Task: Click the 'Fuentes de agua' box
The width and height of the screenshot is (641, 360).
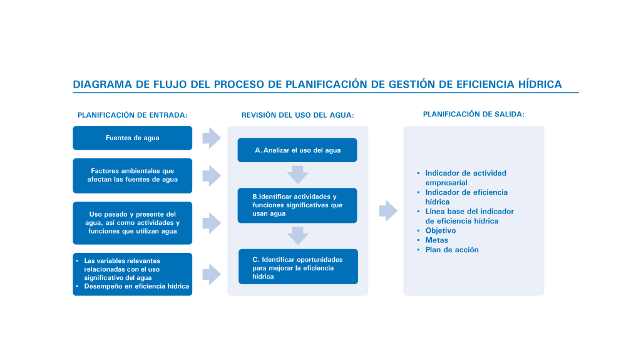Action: click(x=132, y=138)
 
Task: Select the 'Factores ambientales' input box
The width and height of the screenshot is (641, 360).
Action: click(x=132, y=175)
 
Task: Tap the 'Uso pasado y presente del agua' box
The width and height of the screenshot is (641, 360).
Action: click(x=132, y=223)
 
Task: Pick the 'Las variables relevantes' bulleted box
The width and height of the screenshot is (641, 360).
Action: click(x=132, y=274)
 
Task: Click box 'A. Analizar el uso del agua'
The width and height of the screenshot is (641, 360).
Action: click(x=297, y=150)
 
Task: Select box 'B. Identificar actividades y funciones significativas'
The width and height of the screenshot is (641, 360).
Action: click(x=297, y=205)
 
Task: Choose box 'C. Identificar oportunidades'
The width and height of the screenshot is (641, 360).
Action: click(x=298, y=267)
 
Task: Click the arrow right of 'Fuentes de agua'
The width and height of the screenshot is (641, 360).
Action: click(x=212, y=137)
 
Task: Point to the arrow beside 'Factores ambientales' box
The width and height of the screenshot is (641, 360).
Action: click(x=212, y=175)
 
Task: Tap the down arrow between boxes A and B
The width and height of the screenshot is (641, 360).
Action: click(x=297, y=174)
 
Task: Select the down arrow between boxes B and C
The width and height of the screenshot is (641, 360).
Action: click(x=297, y=235)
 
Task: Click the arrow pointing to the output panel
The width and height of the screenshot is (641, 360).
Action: click(x=388, y=210)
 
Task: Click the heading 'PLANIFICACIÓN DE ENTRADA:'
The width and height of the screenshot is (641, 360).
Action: click(x=133, y=115)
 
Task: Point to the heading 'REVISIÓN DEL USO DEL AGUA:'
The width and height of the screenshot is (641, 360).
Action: click(x=298, y=115)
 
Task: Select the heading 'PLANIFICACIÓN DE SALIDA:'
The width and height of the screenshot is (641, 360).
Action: click(x=474, y=115)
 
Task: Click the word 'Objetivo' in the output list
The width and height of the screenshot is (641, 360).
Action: click(x=441, y=231)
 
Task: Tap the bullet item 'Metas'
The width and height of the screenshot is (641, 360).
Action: click(x=436, y=240)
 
